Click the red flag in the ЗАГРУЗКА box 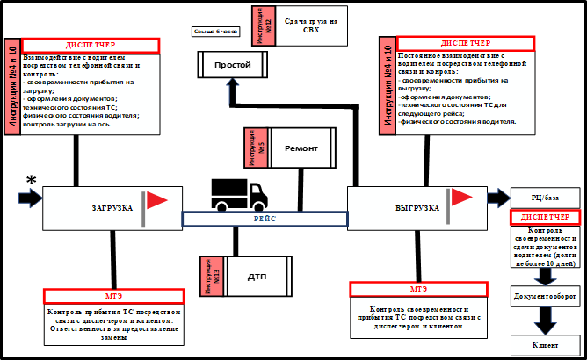(x=156, y=201)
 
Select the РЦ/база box (x=543, y=195)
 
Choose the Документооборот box (x=544, y=298)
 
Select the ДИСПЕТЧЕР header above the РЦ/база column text (x=544, y=217)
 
